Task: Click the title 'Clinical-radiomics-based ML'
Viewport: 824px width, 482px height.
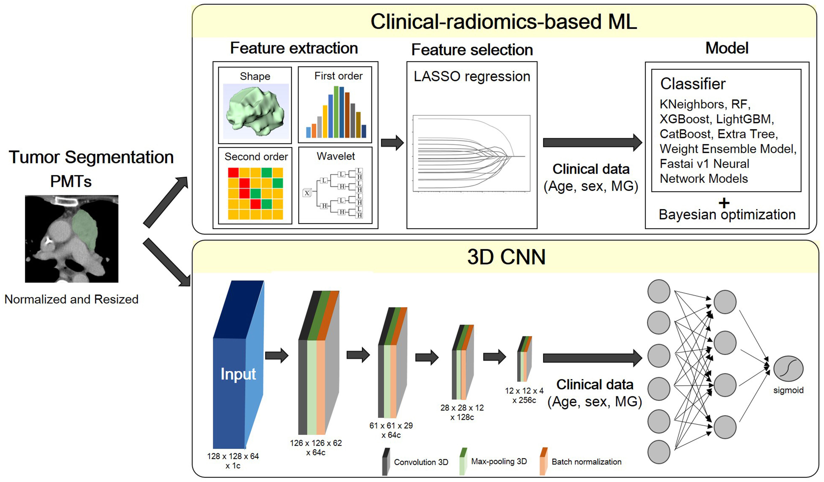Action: click(x=504, y=22)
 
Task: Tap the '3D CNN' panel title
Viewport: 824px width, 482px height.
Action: click(x=506, y=257)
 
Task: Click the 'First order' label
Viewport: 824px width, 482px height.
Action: click(x=338, y=76)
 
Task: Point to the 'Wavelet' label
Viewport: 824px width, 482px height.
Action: click(x=335, y=156)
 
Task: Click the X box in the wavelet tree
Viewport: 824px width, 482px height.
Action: click(x=307, y=193)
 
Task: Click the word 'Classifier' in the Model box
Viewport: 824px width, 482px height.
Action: click(x=692, y=84)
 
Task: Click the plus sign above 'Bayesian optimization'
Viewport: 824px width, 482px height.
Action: click(x=724, y=203)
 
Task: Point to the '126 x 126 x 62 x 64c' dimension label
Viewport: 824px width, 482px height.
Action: click(x=316, y=448)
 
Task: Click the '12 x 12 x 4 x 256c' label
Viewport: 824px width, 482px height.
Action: click(x=524, y=395)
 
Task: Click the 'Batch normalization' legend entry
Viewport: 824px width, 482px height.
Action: click(x=586, y=462)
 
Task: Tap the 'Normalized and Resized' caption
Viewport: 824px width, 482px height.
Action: click(x=71, y=299)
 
